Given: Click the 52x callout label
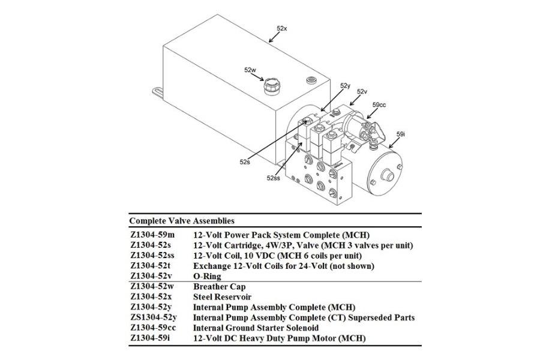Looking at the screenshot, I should (283, 28).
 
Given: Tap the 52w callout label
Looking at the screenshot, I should (250, 70).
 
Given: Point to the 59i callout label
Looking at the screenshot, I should (401, 134).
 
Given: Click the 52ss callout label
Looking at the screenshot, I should (274, 178).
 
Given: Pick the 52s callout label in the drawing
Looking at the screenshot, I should (244, 161).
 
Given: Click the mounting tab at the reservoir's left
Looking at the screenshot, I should (157, 90).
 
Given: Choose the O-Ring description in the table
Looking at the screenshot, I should (207, 277).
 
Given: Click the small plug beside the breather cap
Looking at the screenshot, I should (311, 80).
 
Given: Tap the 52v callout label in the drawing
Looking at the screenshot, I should (362, 92).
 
